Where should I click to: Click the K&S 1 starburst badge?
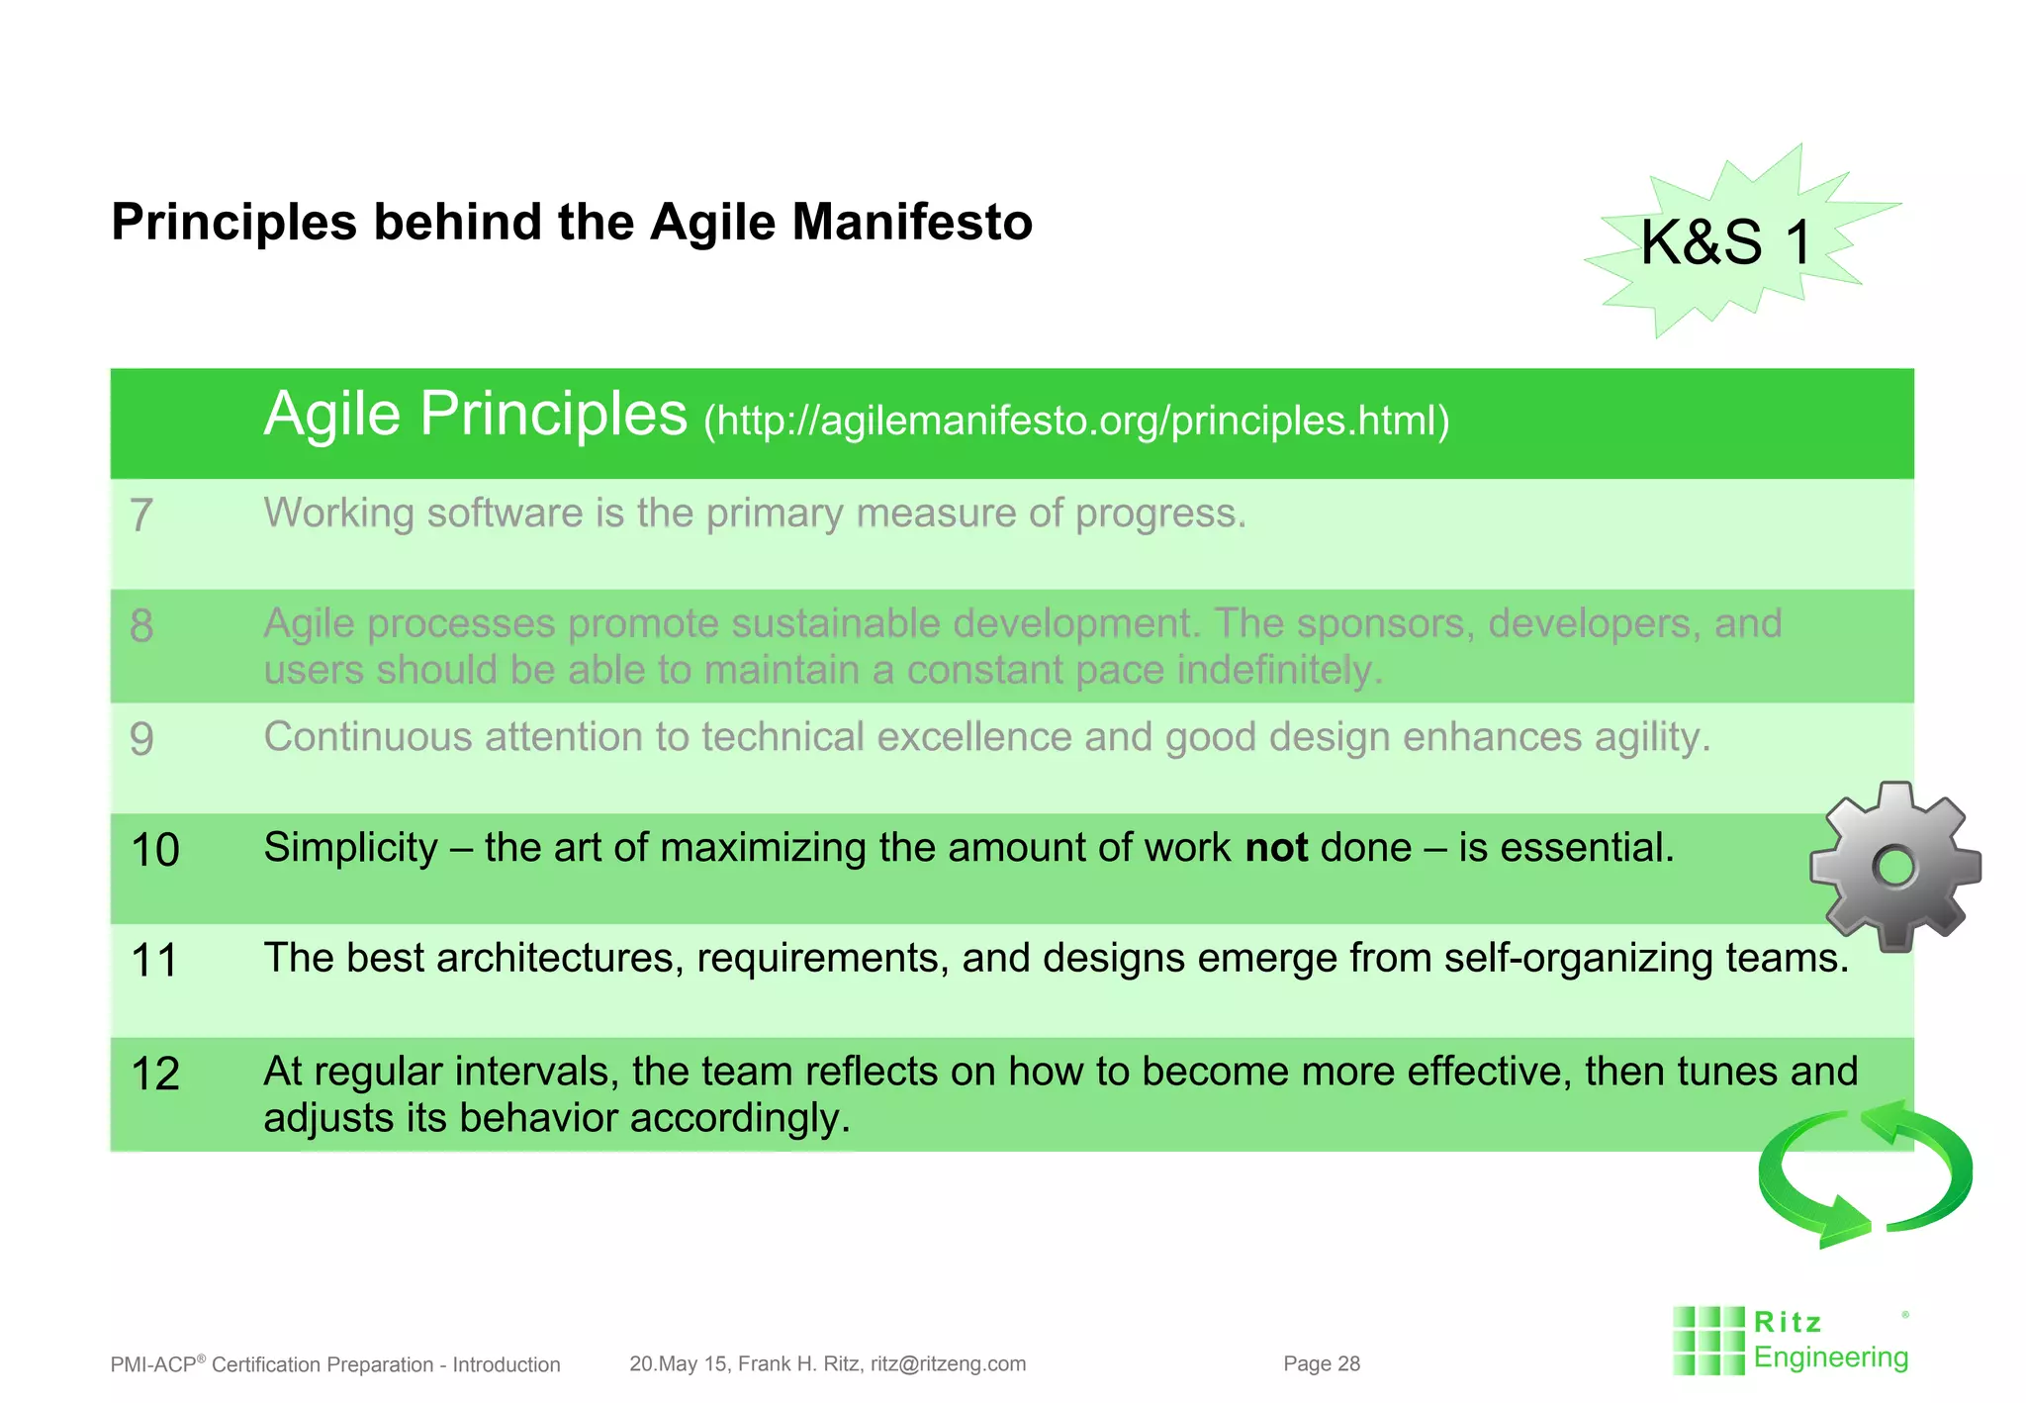pyautogui.click(x=1726, y=242)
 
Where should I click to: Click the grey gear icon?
pyautogui.click(x=1894, y=868)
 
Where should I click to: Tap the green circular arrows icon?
pyautogui.click(x=1865, y=1174)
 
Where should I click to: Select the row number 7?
pyautogui.click(x=141, y=515)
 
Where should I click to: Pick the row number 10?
pyautogui.click(x=154, y=850)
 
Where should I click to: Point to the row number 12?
pyautogui.click(x=154, y=1075)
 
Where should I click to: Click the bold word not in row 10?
pyautogui.click(x=1276, y=848)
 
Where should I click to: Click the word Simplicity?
pyautogui.click(x=350, y=848)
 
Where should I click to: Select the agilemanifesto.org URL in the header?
pyautogui.click(x=1076, y=421)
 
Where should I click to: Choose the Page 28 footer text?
pyautogui.click(x=1322, y=1363)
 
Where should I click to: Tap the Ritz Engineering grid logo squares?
pyautogui.click(x=1708, y=1341)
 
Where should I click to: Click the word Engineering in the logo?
pyautogui.click(x=1830, y=1357)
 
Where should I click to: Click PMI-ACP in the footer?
pyautogui.click(x=153, y=1364)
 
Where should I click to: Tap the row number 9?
pyautogui.click(x=141, y=739)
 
